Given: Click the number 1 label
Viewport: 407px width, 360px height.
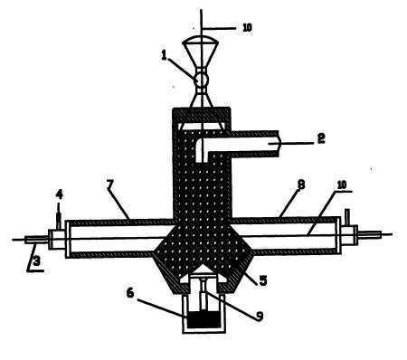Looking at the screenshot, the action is point(164,55).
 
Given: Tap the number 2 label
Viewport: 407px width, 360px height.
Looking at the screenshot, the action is point(321,138).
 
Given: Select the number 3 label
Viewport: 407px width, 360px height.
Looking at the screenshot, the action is point(37,261).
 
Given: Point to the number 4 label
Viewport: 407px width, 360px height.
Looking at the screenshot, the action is point(59,194).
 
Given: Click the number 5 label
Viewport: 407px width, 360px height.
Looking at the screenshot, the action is point(263,280).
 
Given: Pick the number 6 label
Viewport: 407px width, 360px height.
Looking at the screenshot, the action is point(130,292).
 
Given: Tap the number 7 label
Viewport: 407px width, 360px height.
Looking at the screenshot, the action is point(109,185).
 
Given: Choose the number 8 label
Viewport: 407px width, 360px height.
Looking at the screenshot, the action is point(301,185).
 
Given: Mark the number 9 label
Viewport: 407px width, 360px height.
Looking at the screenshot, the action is point(260,316).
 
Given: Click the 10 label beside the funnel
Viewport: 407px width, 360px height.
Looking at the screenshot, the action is point(247,28).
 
